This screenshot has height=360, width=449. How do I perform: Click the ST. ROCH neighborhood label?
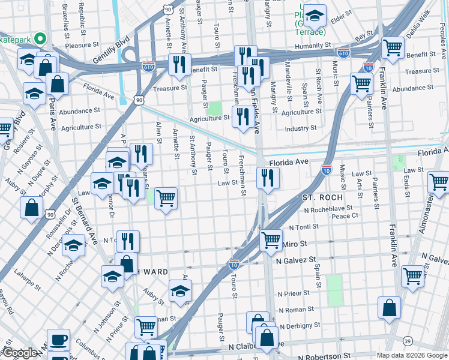pos(322,197)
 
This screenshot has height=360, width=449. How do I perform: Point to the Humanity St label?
pos(312,45)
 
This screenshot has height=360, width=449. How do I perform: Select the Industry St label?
pos(301,128)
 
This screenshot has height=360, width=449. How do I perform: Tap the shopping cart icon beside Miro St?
pos(271,240)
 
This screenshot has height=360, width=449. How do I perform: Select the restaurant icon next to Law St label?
pos(267,177)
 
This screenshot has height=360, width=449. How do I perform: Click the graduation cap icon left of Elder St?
pos(314,14)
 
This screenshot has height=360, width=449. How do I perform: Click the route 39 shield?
pos(408,341)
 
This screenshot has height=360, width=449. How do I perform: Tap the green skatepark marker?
pos(41,39)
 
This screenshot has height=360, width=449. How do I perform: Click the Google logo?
pos(20,353)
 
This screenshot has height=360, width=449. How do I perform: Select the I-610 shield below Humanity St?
pos(343,53)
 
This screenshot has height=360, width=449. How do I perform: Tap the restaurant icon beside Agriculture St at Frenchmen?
pos(242,115)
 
